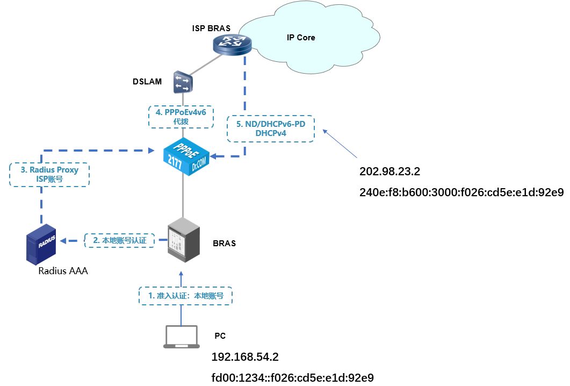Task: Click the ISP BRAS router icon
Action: [x=232, y=45]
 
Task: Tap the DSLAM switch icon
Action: [x=183, y=82]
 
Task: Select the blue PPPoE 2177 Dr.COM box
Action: [x=186, y=157]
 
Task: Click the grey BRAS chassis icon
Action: [x=184, y=240]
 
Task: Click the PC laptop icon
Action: [x=182, y=337]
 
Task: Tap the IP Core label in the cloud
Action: [x=301, y=38]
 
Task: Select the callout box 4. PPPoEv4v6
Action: [x=181, y=117]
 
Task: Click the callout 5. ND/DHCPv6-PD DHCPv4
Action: [x=270, y=128]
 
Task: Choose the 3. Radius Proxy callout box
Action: [x=49, y=174]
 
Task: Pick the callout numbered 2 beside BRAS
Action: [x=120, y=240]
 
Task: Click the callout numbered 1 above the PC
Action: [x=185, y=295]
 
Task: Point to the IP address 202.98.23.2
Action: [x=389, y=171]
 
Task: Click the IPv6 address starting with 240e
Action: [x=461, y=192]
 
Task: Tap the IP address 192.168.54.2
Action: [x=245, y=357]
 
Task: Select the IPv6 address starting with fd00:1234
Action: [x=293, y=377]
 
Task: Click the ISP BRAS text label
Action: [x=211, y=28]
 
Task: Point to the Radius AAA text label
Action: [x=63, y=270]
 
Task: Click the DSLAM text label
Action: [x=147, y=82]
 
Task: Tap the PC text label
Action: [x=220, y=336]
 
